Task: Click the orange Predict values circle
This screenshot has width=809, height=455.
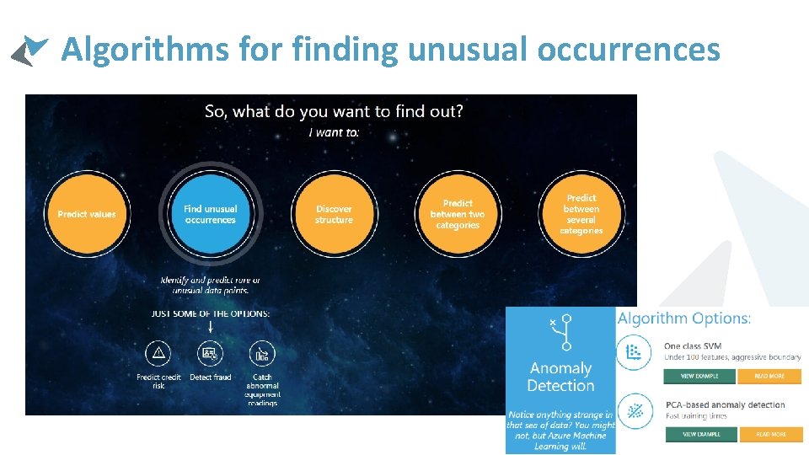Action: (87, 214)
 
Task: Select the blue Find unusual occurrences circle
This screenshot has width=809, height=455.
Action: (210, 214)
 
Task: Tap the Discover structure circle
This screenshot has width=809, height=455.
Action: (334, 214)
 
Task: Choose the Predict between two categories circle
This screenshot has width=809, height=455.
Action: (458, 214)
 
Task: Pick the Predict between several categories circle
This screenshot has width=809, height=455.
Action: (581, 214)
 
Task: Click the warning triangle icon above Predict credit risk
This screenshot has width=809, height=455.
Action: (158, 354)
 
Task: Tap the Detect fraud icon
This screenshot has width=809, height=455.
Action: (210, 354)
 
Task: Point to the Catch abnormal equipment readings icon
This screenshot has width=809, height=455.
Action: (262, 354)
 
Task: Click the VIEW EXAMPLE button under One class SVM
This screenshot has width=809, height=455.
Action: (699, 376)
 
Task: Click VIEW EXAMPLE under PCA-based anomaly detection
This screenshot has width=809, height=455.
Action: (699, 434)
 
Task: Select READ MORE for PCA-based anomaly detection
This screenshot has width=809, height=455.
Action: (769, 434)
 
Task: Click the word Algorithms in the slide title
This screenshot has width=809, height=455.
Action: (145, 51)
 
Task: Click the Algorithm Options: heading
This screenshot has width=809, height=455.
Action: (684, 318)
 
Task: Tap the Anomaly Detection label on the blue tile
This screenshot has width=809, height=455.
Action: (560, 377)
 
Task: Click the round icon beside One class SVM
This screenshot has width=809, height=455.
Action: (634, 352)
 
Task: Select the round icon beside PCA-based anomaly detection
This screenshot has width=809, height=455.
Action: (634, 411)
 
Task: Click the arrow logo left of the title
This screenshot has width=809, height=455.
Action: (29, 51)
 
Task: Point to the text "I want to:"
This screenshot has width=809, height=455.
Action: (334, 132)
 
